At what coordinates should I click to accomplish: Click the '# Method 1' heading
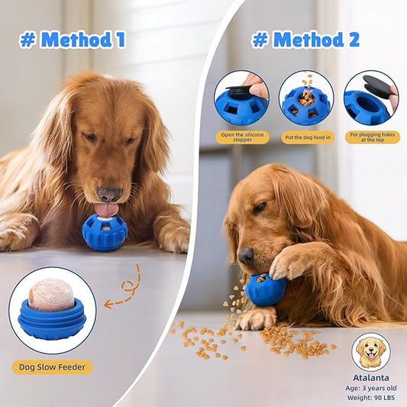[x=73, y=40]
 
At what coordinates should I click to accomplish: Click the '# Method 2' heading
[x=305, y=40]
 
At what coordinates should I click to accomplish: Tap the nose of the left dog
[x=108, y=194]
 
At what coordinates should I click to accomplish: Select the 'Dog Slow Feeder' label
[x=52, y=367]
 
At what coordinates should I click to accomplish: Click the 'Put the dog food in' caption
[x=306, y=138]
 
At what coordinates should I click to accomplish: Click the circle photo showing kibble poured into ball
[x=306, y=99]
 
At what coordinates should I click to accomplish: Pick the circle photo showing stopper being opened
[x=242, y=99]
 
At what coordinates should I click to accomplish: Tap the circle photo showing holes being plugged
[x=371, y=99]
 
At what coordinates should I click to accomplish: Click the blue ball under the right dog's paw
[x=265, y=289]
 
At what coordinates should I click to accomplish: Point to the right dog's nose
[x=245, y=257]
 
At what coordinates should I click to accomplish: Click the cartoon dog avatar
[x=371, y=352]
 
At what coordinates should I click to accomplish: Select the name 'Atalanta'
[x=371, y=377]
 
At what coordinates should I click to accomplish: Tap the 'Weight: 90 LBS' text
[x=371, y=398]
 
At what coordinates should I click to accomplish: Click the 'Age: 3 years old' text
[x=371, y=388]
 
